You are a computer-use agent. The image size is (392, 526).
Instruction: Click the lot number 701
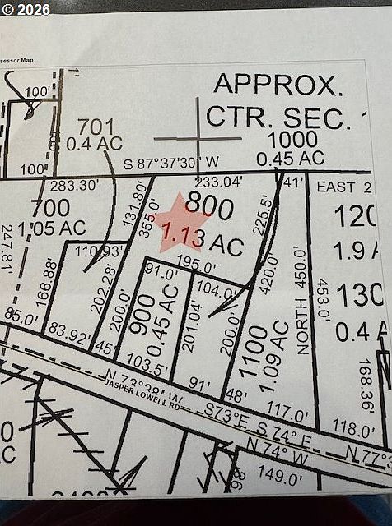[x=96, y=127]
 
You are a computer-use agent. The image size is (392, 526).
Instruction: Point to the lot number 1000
[x=292, y=139]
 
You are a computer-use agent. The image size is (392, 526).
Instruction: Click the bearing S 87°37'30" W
[x=171, y=164]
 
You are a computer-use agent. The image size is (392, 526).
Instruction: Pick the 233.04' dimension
[x=218, y=182]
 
